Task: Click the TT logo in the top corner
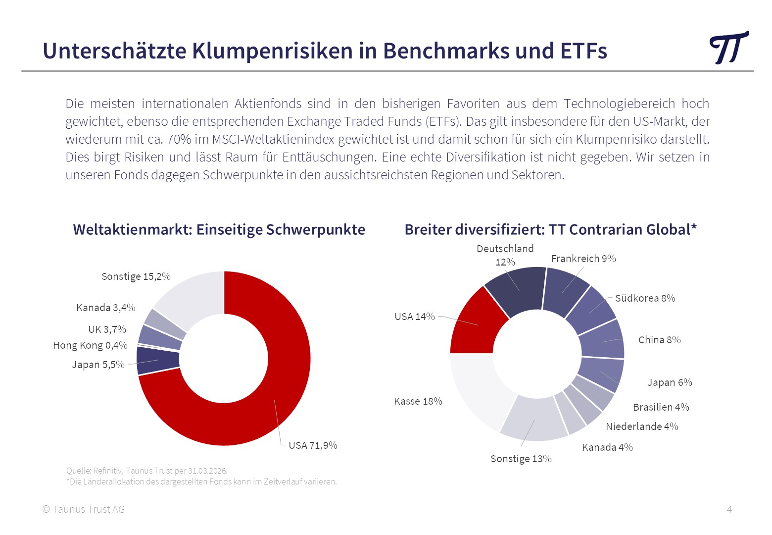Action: [728, 48]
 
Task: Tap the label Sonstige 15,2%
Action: [136, 276]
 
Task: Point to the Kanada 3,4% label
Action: [105, 308]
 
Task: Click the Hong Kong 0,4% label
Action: [90, 345]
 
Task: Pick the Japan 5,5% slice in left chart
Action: [157, 360]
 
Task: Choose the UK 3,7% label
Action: [107, 329]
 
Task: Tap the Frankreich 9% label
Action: [583, 259]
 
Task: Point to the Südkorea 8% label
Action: [645, 298]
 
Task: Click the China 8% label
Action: [659, 340]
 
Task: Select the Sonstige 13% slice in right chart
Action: [533, 419]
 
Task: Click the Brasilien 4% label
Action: [661, 407]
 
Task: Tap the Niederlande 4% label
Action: [642, 427]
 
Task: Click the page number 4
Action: [729, 509]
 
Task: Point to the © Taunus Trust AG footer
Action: [84, 509]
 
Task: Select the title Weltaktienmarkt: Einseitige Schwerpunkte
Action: [219, 230]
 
